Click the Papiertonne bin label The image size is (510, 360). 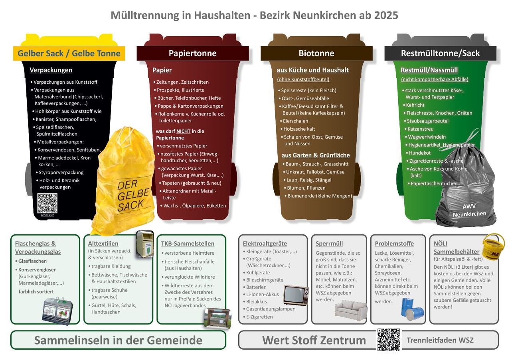pos(193,53)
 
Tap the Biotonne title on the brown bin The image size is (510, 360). pos(316,53)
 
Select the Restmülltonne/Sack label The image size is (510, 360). pos(440,53)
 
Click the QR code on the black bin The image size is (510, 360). pos(47,203)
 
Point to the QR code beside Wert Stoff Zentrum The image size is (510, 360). pos(389,340)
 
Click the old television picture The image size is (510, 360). pos(296,295)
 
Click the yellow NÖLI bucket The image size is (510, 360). pos(493,246)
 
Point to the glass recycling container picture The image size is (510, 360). pos(57,311)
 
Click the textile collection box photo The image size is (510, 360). pos(145,244)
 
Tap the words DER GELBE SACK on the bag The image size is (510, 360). pos(133,195)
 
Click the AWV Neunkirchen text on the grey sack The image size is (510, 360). pos(469,210)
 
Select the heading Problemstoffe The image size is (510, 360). pos(394,243)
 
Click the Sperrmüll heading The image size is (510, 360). pos(329,243)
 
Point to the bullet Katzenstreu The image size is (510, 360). pos(420,129)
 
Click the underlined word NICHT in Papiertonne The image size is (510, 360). pos(183,132)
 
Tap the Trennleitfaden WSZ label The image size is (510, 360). pos(440,340)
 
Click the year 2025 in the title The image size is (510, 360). pos(386,15)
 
